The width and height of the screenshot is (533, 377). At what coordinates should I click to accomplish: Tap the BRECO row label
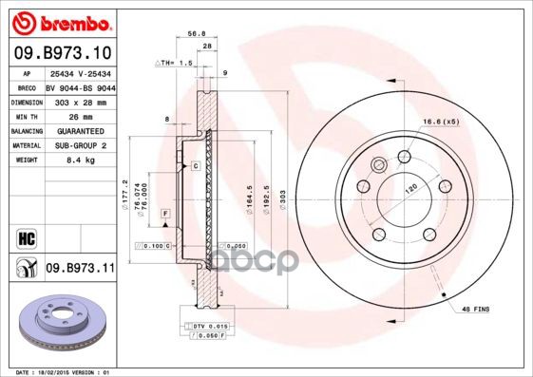point(27,85)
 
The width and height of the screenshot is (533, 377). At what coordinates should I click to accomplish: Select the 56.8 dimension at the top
point(197,31)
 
